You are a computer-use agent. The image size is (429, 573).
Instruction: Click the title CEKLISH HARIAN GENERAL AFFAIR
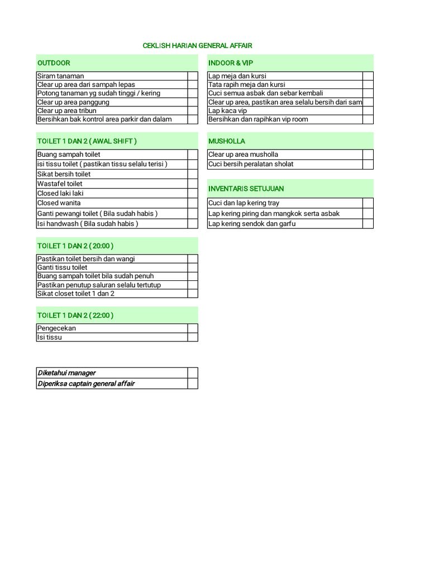[x=201, y=45]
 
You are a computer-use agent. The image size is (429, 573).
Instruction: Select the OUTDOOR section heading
[x=54, y=63]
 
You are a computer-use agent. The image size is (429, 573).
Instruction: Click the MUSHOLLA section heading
[x=227, y=141]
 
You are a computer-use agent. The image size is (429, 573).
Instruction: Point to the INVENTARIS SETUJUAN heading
[x=246, y=189]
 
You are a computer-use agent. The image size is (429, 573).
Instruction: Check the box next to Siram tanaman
[x=193, y=76]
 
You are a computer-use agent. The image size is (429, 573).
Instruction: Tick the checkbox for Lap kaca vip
[x=368, y=111]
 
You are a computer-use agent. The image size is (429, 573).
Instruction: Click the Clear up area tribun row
[x=66, y=111]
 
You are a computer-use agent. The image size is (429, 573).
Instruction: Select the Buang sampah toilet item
[x=69, y=154]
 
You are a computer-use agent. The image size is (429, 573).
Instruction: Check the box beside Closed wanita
[x=193, y=203]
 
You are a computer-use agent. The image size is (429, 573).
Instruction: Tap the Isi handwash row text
[x=88, y=224]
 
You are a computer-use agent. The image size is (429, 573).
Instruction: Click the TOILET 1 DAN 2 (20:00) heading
[x=75, y=246]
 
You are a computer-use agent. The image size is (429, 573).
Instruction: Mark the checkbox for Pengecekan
[x=193, y=328]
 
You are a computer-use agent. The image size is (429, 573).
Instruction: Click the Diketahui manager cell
[x=66, y=373]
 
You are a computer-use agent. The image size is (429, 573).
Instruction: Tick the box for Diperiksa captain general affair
[x=193, y=384]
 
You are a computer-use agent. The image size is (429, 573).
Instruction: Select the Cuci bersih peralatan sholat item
[x=251, y=164]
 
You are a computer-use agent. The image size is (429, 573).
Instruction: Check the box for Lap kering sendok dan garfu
[x=368, y=224]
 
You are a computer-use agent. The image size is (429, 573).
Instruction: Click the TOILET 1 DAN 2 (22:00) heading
[x=75, y=316]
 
